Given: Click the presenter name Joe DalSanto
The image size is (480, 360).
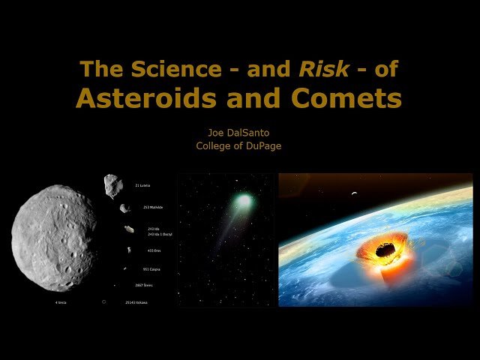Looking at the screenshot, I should pos(239,132).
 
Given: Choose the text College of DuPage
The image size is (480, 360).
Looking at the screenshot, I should pos(239,145).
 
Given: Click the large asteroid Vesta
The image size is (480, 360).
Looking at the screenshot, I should pos(54,238).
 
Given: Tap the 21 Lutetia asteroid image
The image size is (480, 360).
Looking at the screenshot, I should pos(114,185).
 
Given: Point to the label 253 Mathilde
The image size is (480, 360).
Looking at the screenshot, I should pos(149,208).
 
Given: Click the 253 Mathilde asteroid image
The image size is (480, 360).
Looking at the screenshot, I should pos(125,208).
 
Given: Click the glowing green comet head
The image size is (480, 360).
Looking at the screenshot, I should pos(244,201).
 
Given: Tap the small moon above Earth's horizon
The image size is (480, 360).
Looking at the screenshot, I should pos(353,194).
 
